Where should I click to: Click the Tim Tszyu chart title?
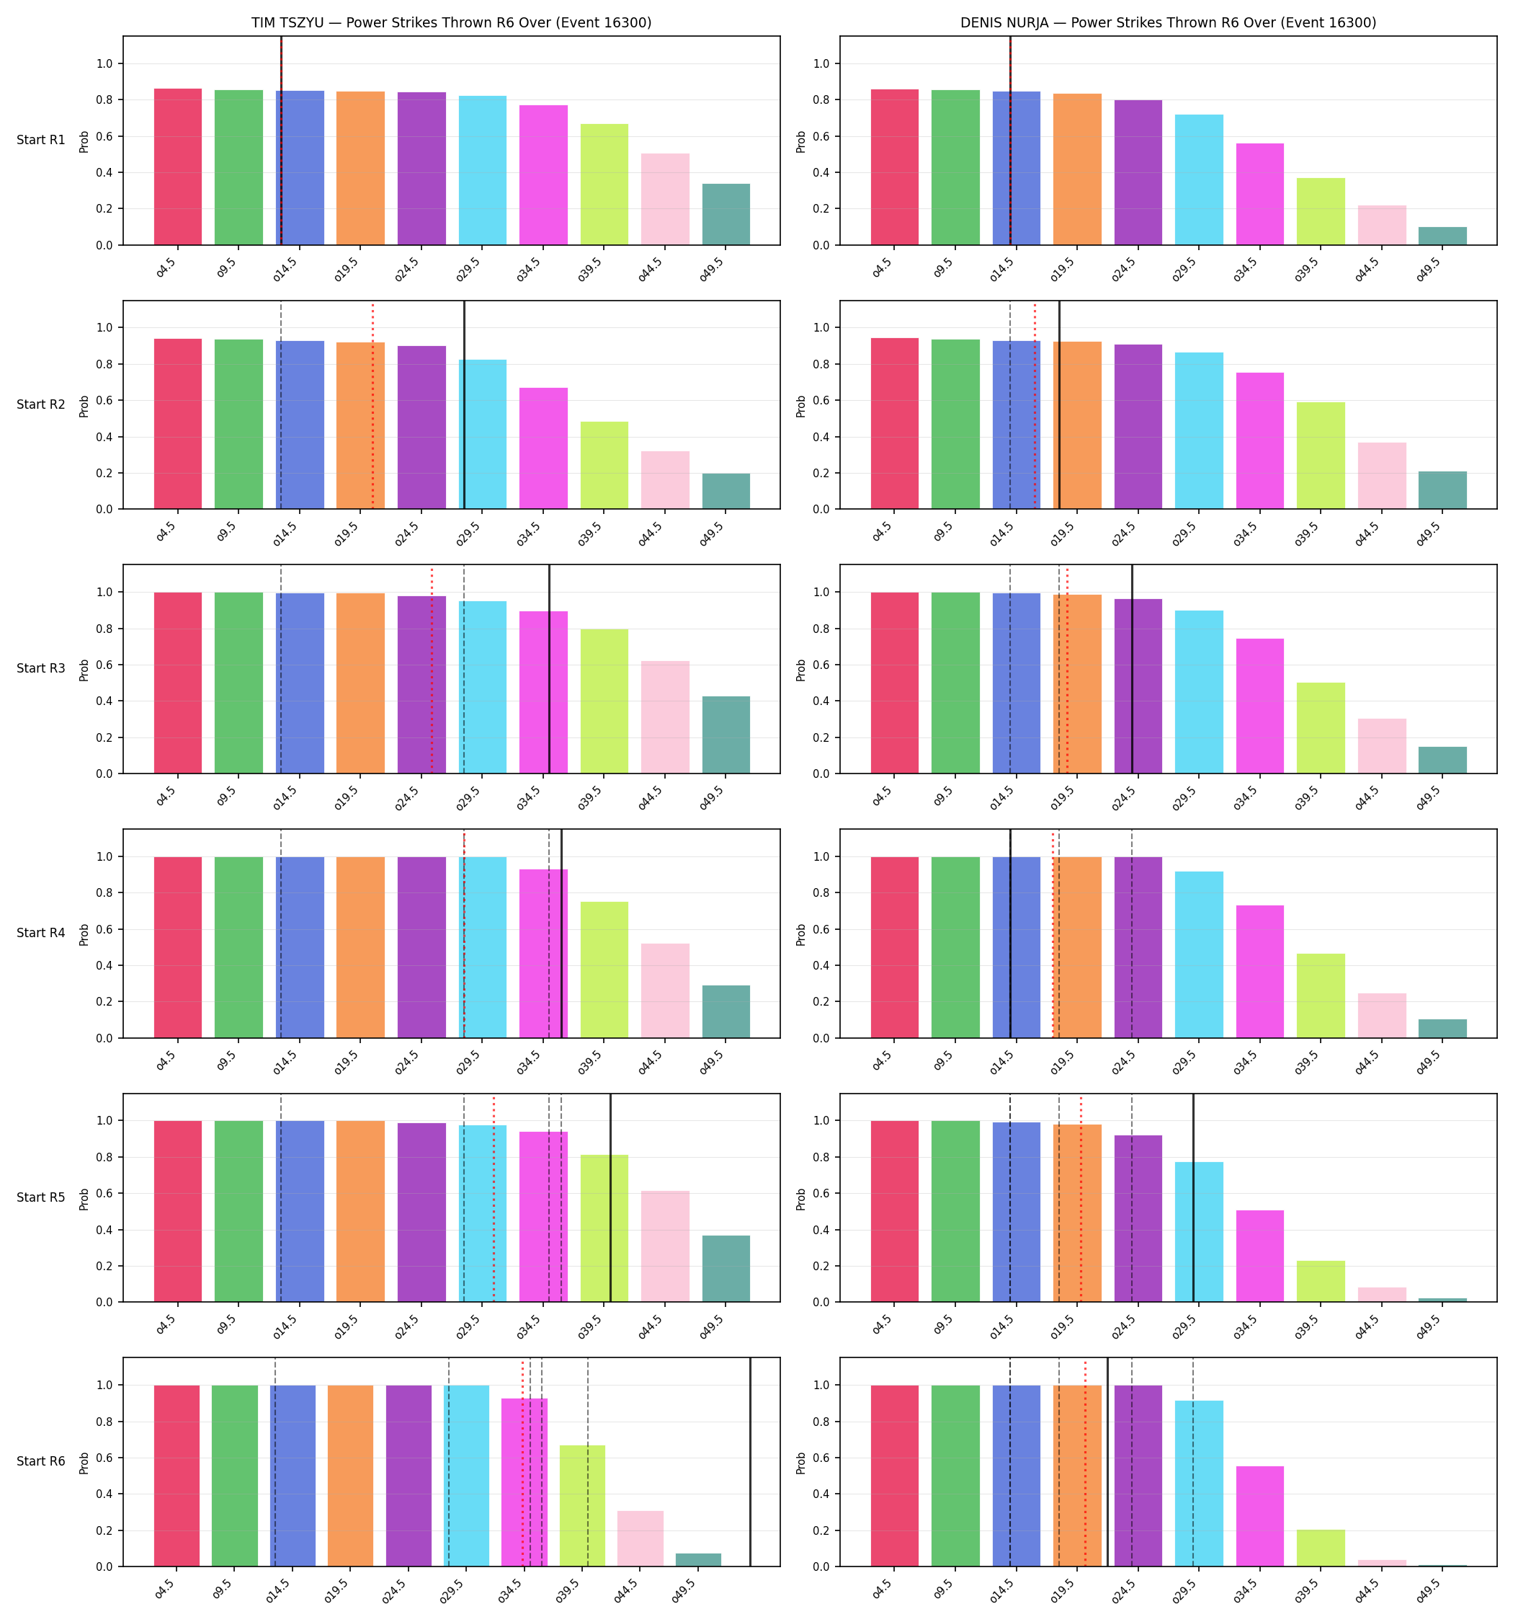(451, 23)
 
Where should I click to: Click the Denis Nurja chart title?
(1168, 23)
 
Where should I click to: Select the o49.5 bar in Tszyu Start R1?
(726, 215)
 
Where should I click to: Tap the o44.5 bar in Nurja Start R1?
(1382, 225)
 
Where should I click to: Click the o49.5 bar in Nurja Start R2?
(1443, 490)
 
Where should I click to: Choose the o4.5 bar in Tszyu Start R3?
(178, 683)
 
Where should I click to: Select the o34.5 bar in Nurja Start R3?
(1260, 706)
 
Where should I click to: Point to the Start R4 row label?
(41, 933)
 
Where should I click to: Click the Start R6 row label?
(41, 1461)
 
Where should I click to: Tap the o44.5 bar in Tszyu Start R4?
(666, 991)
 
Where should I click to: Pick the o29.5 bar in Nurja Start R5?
(1199, 1232)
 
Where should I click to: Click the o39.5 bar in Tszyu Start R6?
(582, 1506)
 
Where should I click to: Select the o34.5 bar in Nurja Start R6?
(1260, 1517)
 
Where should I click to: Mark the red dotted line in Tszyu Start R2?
(372, 405)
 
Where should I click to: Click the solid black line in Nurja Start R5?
(1193, 1197)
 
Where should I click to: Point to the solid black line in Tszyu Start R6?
(751, 1462)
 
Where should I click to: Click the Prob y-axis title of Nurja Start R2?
(801, 405)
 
